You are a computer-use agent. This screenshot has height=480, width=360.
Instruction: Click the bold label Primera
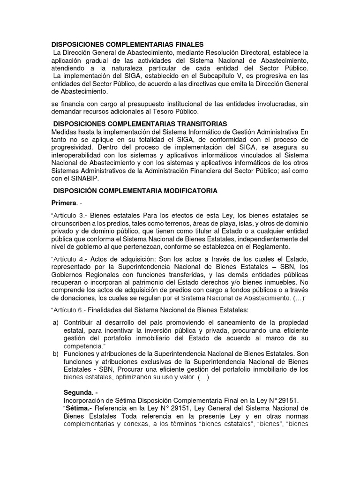point(63,202)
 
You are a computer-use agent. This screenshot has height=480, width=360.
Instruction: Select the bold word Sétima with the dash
point(78,407)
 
